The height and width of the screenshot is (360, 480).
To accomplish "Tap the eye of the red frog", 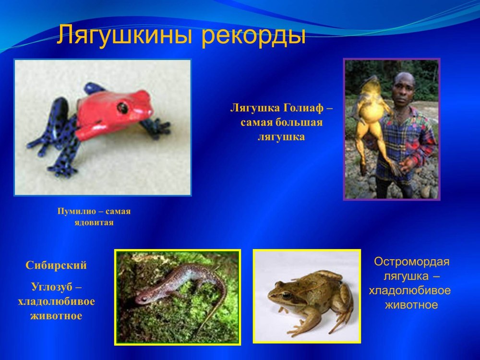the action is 122,108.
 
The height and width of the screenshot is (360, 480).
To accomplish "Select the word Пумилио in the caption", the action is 76,212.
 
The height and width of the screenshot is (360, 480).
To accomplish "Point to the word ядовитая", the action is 94,223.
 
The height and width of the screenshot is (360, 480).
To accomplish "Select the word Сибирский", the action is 56,265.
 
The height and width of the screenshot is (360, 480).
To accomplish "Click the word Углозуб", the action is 52,287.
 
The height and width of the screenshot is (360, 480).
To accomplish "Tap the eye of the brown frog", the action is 286,295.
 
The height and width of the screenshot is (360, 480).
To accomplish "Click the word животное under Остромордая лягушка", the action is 411,305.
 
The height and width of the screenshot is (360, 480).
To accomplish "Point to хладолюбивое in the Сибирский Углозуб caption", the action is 56,301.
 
